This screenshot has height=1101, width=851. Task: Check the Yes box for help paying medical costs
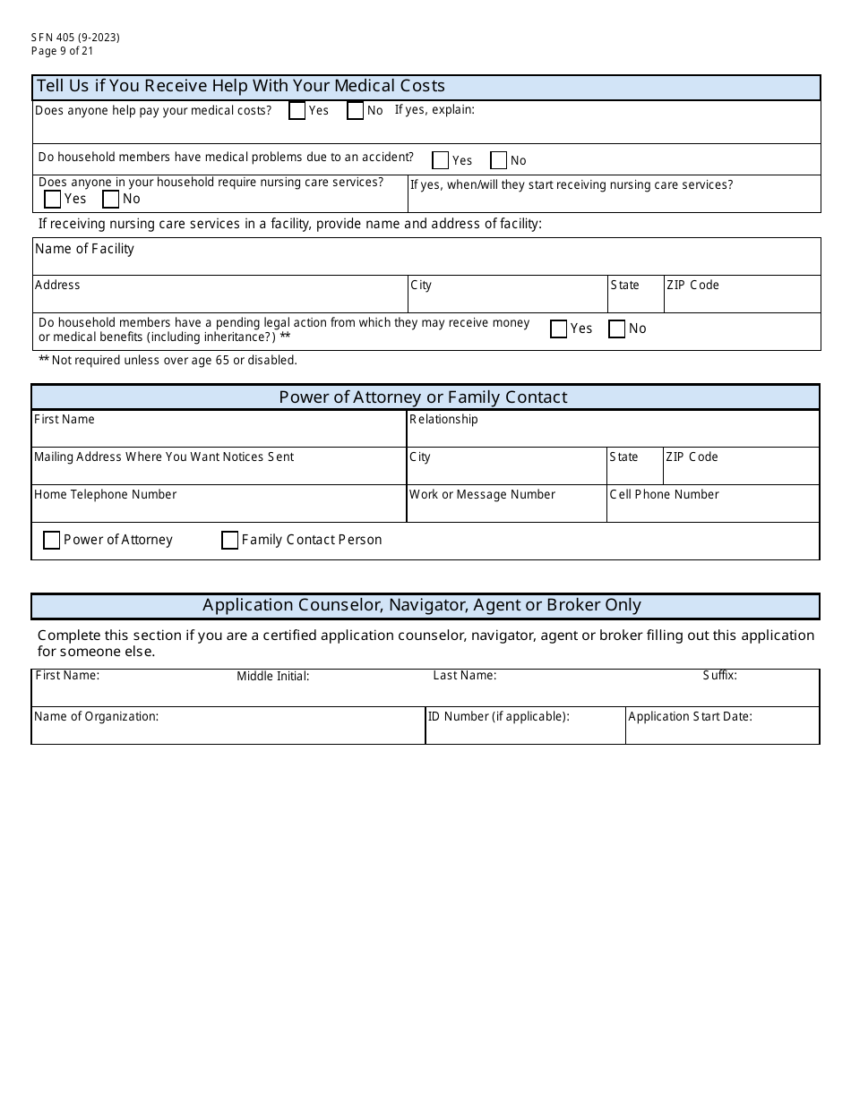tap(297, 111)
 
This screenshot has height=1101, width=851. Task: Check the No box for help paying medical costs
tap(356, 111)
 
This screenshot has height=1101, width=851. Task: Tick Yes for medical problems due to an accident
tap(441, 160)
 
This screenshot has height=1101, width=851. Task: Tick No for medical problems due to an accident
tap(499, 160)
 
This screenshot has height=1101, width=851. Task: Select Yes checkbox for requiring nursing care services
tap(53, 199)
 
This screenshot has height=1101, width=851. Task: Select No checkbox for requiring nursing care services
tap(111, 199)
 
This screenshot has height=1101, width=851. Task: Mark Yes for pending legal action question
tap(559, 329)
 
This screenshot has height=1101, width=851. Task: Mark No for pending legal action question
tap(617, 329)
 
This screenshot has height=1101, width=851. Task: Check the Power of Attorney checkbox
tap(52, 540)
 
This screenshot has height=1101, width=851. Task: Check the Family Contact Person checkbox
tap(230, 540)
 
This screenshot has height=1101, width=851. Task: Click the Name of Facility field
tap(426, 262)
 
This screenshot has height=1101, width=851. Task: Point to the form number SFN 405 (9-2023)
tap(75, 38)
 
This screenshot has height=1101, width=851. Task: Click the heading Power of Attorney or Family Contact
tap(424, 397)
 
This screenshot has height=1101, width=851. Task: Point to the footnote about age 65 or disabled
tap(168, 361)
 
